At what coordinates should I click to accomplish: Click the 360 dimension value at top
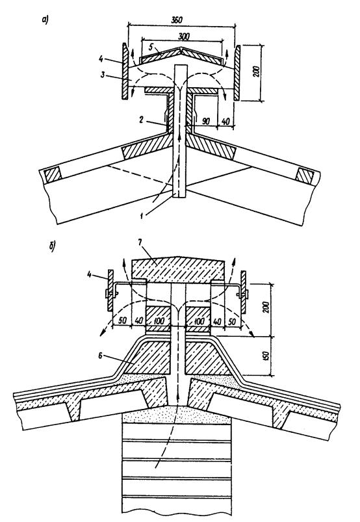click(x=176, y=20)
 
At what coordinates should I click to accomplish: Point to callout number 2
click(x=142, y=120)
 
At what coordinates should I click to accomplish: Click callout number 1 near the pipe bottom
click(x=142, y=215)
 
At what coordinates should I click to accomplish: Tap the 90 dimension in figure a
click(x=205, y=121)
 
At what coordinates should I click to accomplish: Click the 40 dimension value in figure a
click(x=225, y=121)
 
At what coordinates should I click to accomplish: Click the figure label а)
click(x=45, y=21)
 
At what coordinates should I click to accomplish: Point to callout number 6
click(x=101, y=356)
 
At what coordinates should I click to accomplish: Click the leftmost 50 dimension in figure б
click(x=122, y=321)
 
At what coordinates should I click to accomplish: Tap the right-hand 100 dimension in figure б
click(x=199, y=321)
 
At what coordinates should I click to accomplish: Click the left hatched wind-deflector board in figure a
click(x=124, y=72)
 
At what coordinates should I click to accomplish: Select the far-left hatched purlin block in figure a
click(x=52, y=174)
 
